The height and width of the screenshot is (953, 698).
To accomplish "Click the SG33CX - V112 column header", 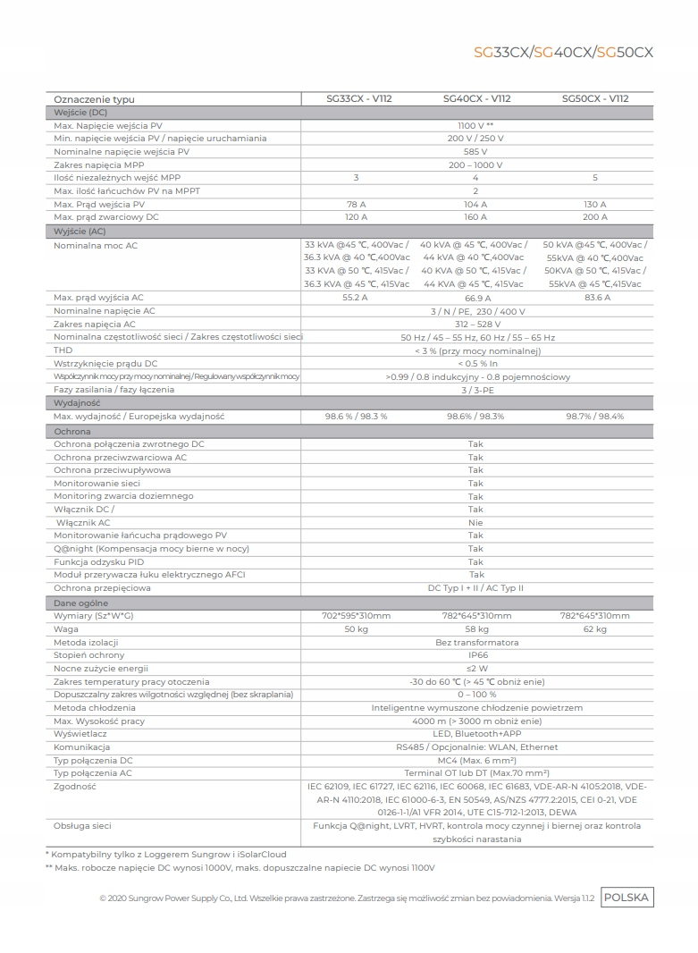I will [x=356, y=99].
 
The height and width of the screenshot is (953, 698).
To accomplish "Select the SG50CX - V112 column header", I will [x=594, y=99].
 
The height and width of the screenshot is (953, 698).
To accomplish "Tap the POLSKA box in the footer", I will [x=627, y=898].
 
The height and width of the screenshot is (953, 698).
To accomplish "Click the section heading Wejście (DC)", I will [x=80, y=113].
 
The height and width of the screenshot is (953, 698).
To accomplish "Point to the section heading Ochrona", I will [x=72, y=431].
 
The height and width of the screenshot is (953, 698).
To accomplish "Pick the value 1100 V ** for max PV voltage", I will [x=475, y=126].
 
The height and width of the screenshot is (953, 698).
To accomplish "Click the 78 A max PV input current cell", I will [x=356, y=205].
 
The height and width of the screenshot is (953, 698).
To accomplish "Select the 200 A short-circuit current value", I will [x=594, y=217].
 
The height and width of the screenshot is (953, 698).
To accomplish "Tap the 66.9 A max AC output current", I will [x=475, y=298].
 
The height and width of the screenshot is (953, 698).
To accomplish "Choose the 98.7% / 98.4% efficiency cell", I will [x=594, y=417].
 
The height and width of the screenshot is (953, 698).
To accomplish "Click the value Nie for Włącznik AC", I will [x=475, y=523].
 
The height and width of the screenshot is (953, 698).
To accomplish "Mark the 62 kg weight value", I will [x=594, y=629].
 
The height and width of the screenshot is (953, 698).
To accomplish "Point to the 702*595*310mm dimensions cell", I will [x=356, y=616].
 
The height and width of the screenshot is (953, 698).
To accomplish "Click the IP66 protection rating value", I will [x=475, y=655].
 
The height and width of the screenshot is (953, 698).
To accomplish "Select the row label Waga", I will [x=66, y=629].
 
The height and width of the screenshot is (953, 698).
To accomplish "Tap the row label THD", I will [x=63, y=350].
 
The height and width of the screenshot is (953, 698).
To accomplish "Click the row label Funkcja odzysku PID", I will [x=98, y=562].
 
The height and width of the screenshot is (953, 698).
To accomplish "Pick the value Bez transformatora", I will [x=475, y=643].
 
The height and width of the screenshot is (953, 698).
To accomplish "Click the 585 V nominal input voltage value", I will [x=475, y=152].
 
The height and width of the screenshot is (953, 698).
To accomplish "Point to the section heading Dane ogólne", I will [x=80, y=603].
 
